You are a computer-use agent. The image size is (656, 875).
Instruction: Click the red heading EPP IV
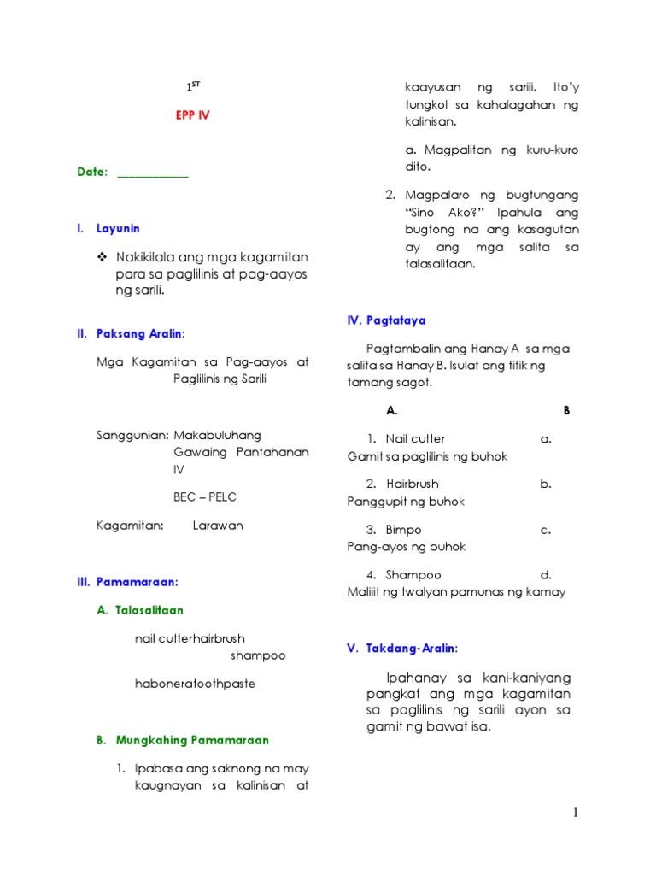(x=192, y=115)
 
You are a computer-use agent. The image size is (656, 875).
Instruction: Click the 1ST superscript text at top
(x=194, y=87)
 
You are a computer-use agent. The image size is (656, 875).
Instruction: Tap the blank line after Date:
(x=152, y=173)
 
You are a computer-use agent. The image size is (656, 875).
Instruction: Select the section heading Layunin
(x=118, y=229)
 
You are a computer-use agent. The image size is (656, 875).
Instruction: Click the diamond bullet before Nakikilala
(x=102, y=257)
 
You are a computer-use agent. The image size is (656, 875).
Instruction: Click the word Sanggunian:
(x=132, y=436)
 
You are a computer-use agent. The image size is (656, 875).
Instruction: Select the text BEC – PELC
(x=205, y=496)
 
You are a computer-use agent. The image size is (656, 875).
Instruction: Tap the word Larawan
(x=218, y=526)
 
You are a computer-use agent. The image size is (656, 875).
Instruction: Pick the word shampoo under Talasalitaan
(x=257, y=655)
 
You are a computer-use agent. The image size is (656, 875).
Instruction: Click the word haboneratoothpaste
(x=195, y=684)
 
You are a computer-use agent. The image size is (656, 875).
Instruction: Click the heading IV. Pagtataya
(x=386, y=320)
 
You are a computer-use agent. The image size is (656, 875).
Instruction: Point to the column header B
(x=565, y=410)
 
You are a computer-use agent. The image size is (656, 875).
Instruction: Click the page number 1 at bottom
(x=576, y=813)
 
